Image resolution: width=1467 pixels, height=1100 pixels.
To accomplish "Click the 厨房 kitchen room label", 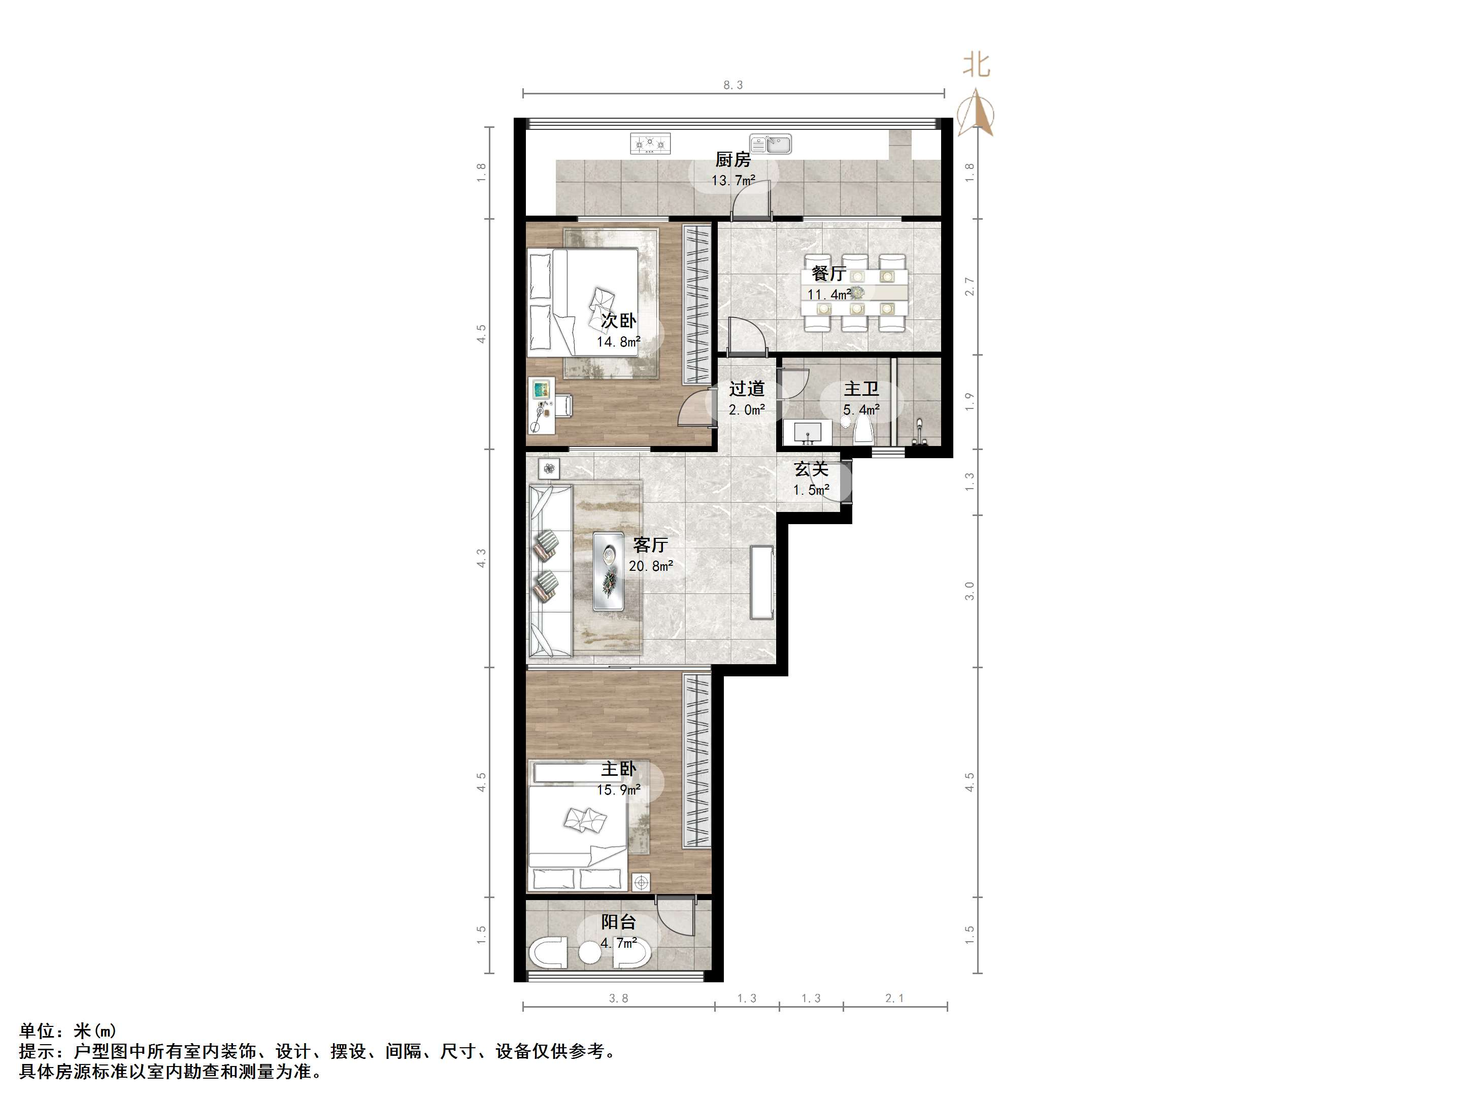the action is click(x=733, y=160).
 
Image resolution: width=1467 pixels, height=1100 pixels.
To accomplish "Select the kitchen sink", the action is click(x=771, y=143).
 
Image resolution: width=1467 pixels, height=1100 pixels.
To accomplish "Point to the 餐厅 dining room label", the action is click(x=829, y=273).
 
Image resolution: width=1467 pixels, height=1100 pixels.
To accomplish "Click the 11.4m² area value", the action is click(x=829, y=294).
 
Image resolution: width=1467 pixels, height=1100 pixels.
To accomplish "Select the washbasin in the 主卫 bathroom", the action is click(x=807, y=432).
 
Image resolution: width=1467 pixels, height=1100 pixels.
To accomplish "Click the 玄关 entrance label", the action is click(x=811, y=469).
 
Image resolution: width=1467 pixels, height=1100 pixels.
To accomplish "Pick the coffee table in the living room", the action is click(x=608, y=571).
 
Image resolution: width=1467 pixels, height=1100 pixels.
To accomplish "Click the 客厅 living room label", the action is click(x=650, y=544).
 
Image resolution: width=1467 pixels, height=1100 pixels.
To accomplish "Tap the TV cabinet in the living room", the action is click(x=761, y=582).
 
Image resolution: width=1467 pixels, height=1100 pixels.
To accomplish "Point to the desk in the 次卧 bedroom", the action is click(x=543, y=405).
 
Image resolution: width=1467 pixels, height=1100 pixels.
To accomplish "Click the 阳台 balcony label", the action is click(x=618, y=921).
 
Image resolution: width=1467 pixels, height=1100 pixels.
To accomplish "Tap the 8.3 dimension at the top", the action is click(x=733, y=85).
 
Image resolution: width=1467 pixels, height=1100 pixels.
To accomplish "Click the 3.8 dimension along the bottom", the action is click(x=618, y=998).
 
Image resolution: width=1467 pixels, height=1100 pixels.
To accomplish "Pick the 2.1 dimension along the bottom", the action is click(x=894, y=998).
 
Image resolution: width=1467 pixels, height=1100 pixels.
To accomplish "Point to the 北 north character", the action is click(x=976, y=65).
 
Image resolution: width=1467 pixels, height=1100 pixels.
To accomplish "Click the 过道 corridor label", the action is click(x=747, y=389).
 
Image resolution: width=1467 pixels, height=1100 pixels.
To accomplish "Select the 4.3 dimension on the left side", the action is click(x=482, y=558).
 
